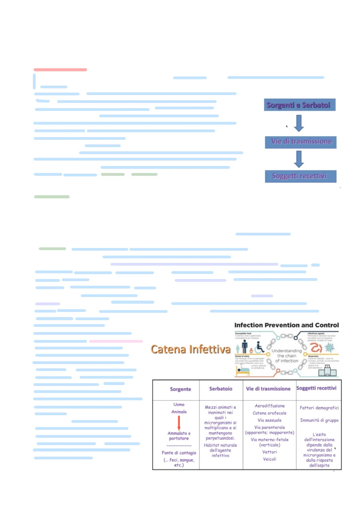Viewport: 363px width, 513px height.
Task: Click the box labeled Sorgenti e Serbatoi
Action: coord(299,105)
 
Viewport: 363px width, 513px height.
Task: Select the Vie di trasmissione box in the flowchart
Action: coord(301,142)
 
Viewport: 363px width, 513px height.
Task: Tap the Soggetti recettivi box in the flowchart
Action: coord(300,176)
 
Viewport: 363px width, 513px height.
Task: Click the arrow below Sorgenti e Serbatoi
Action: coord(299,123)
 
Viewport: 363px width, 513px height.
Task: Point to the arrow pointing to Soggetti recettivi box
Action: coord(299,159)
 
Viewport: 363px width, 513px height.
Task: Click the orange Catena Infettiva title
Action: coord(190,349)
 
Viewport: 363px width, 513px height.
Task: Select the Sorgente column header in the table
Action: coord(180,389)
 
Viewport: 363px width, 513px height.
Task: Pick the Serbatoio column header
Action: coord(221,389)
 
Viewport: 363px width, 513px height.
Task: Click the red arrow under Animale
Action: coord(179,423)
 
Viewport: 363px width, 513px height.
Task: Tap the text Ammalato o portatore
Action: coord(179,436)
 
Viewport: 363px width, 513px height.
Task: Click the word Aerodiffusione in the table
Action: coord(270,406)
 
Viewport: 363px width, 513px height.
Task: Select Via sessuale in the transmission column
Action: coord(269,420)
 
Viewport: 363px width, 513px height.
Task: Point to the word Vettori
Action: coord(270,452)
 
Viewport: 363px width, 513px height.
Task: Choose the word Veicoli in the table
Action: coord(270,459)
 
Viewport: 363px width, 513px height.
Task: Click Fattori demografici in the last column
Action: coord(319,408)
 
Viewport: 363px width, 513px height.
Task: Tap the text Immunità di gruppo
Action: coord(319,420)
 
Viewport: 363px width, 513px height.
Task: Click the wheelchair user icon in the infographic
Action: coord(259,347)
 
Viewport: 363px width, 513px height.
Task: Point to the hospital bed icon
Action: coord(243,371)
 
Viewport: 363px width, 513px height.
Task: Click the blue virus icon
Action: coord(329,348)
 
